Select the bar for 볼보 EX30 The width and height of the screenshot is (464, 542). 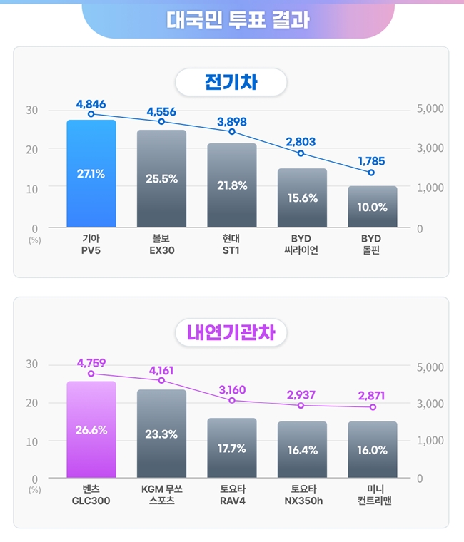click(161, 178)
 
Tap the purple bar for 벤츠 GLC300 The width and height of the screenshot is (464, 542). click(91, 429)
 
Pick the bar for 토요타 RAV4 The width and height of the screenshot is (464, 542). click(232, 448)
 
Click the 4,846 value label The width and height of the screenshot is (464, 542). click(91, 104)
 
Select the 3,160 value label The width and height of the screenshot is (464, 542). click(232, 389)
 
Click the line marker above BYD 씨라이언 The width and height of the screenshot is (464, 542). click(301, 153)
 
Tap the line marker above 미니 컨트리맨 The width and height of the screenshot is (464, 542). click(373, 406)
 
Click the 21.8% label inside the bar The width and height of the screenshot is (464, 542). click(232, 185)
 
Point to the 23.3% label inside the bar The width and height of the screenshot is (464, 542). click(161, 434)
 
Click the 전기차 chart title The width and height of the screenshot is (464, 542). click(231, 83)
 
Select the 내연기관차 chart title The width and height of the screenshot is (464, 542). click(231, 332)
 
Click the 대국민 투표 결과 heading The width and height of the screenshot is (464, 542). click(238, 19)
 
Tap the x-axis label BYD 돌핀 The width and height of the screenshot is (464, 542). click(371, 244)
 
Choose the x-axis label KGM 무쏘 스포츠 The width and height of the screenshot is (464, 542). click(161, 495)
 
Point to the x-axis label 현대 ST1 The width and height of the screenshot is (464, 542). click(232, 244)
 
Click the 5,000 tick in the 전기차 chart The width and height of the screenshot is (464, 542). click(430, 109)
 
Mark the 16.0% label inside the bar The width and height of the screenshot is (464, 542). click(373, 450)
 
